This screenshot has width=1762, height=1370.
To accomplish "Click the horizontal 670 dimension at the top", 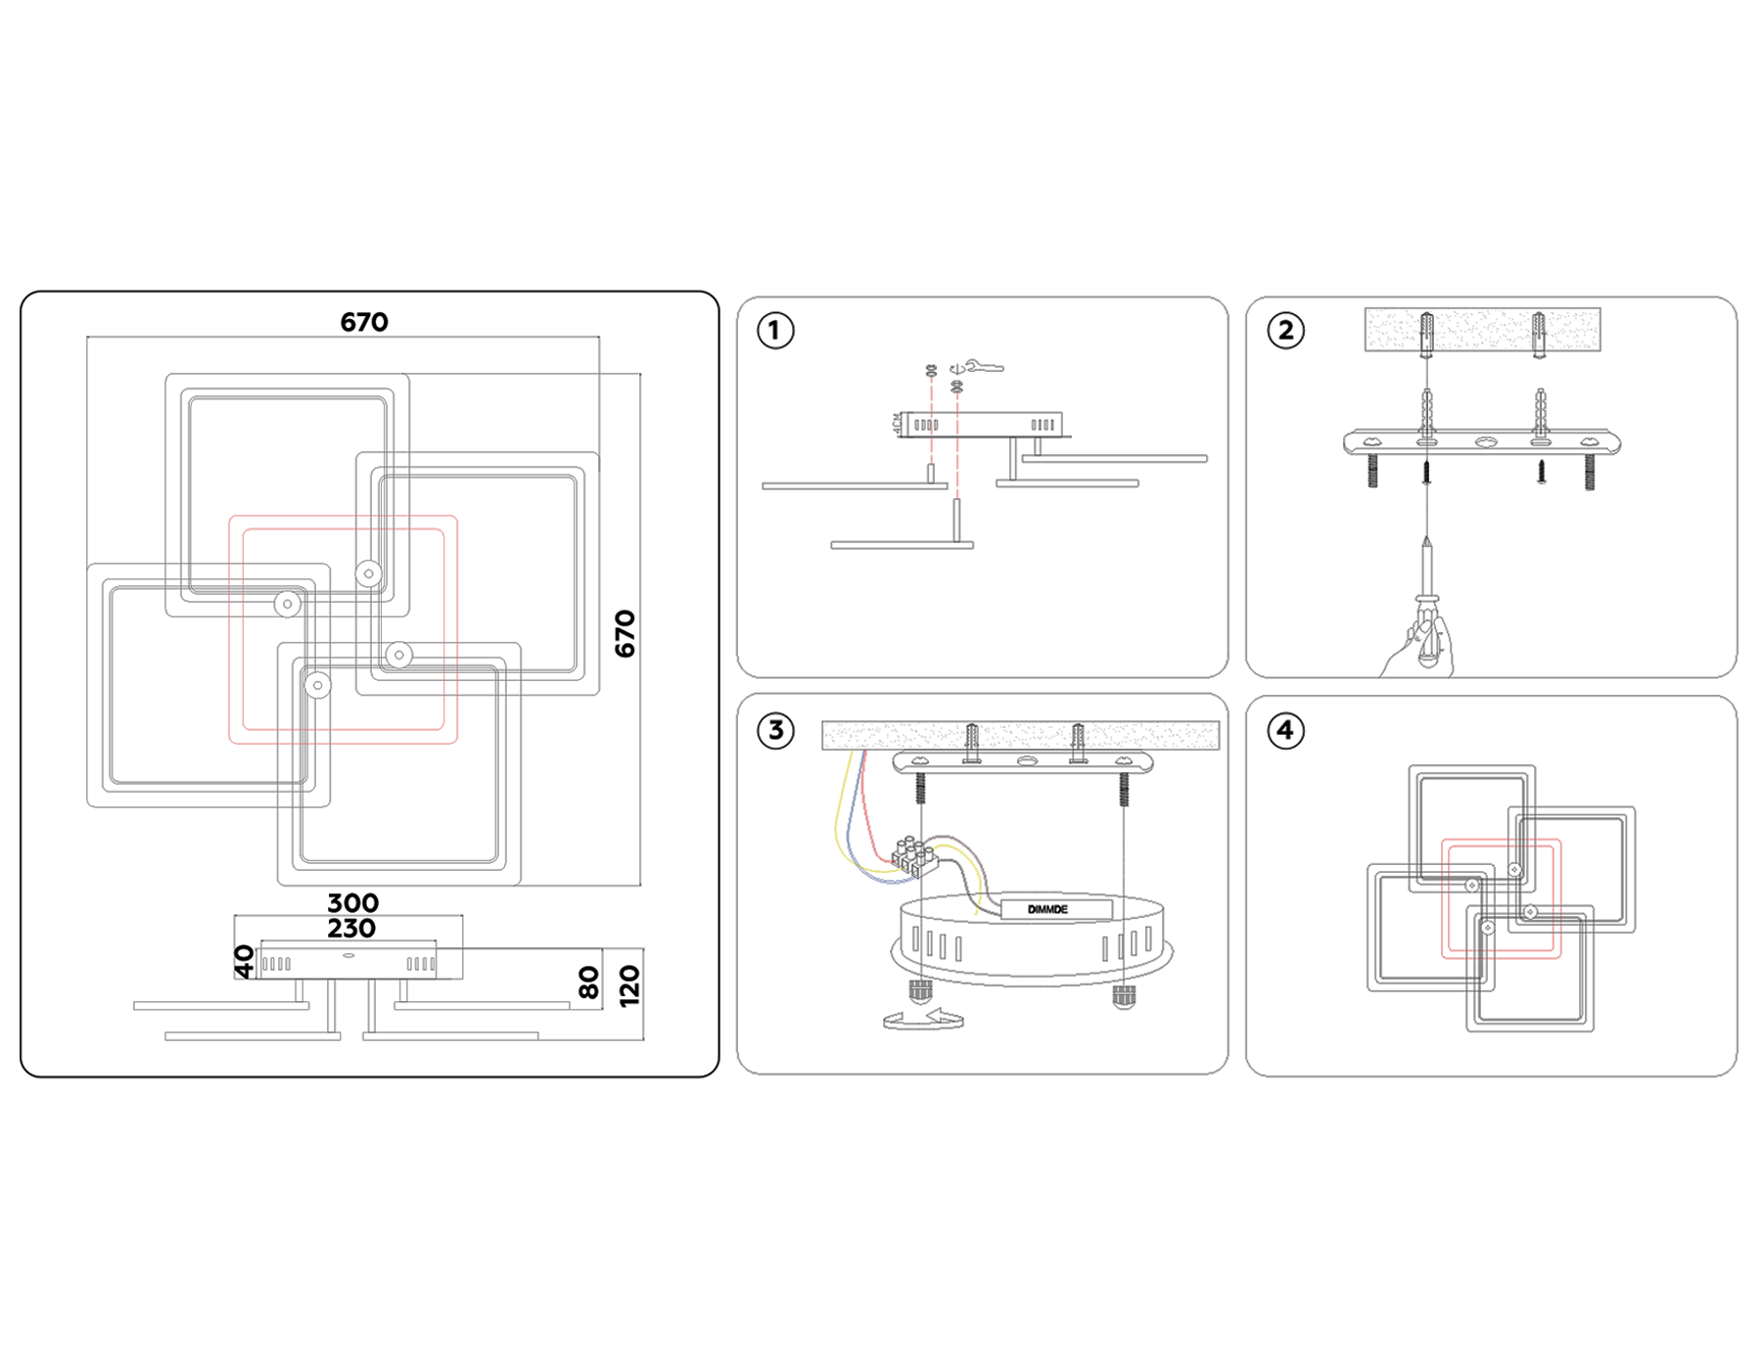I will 364,322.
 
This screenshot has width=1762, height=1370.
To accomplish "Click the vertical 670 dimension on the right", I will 625,633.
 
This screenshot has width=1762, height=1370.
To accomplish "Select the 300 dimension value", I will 352,902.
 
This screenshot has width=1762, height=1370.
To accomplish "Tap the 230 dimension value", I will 351,928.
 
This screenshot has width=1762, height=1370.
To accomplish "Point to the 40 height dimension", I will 245,961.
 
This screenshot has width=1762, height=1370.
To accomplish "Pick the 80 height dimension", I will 588,982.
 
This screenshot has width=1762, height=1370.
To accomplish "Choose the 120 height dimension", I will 629,985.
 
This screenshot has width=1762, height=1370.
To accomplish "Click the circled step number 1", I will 775,331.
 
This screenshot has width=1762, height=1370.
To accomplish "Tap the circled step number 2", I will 1285,331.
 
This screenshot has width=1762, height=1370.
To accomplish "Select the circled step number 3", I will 775,730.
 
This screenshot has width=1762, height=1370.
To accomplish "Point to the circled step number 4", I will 1285,730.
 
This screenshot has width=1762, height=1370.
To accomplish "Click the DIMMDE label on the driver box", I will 1047,909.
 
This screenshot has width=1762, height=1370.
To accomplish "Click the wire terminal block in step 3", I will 914,856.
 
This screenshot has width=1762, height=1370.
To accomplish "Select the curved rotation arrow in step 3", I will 923,1020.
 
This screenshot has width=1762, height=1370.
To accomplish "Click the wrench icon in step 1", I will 982,367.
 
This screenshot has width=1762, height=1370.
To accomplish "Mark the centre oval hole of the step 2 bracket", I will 1485,442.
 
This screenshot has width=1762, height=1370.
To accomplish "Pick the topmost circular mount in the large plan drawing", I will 368,573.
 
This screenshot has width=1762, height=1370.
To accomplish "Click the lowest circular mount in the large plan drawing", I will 317,686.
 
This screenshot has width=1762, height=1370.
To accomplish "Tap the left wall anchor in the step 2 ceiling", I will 1427,334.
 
